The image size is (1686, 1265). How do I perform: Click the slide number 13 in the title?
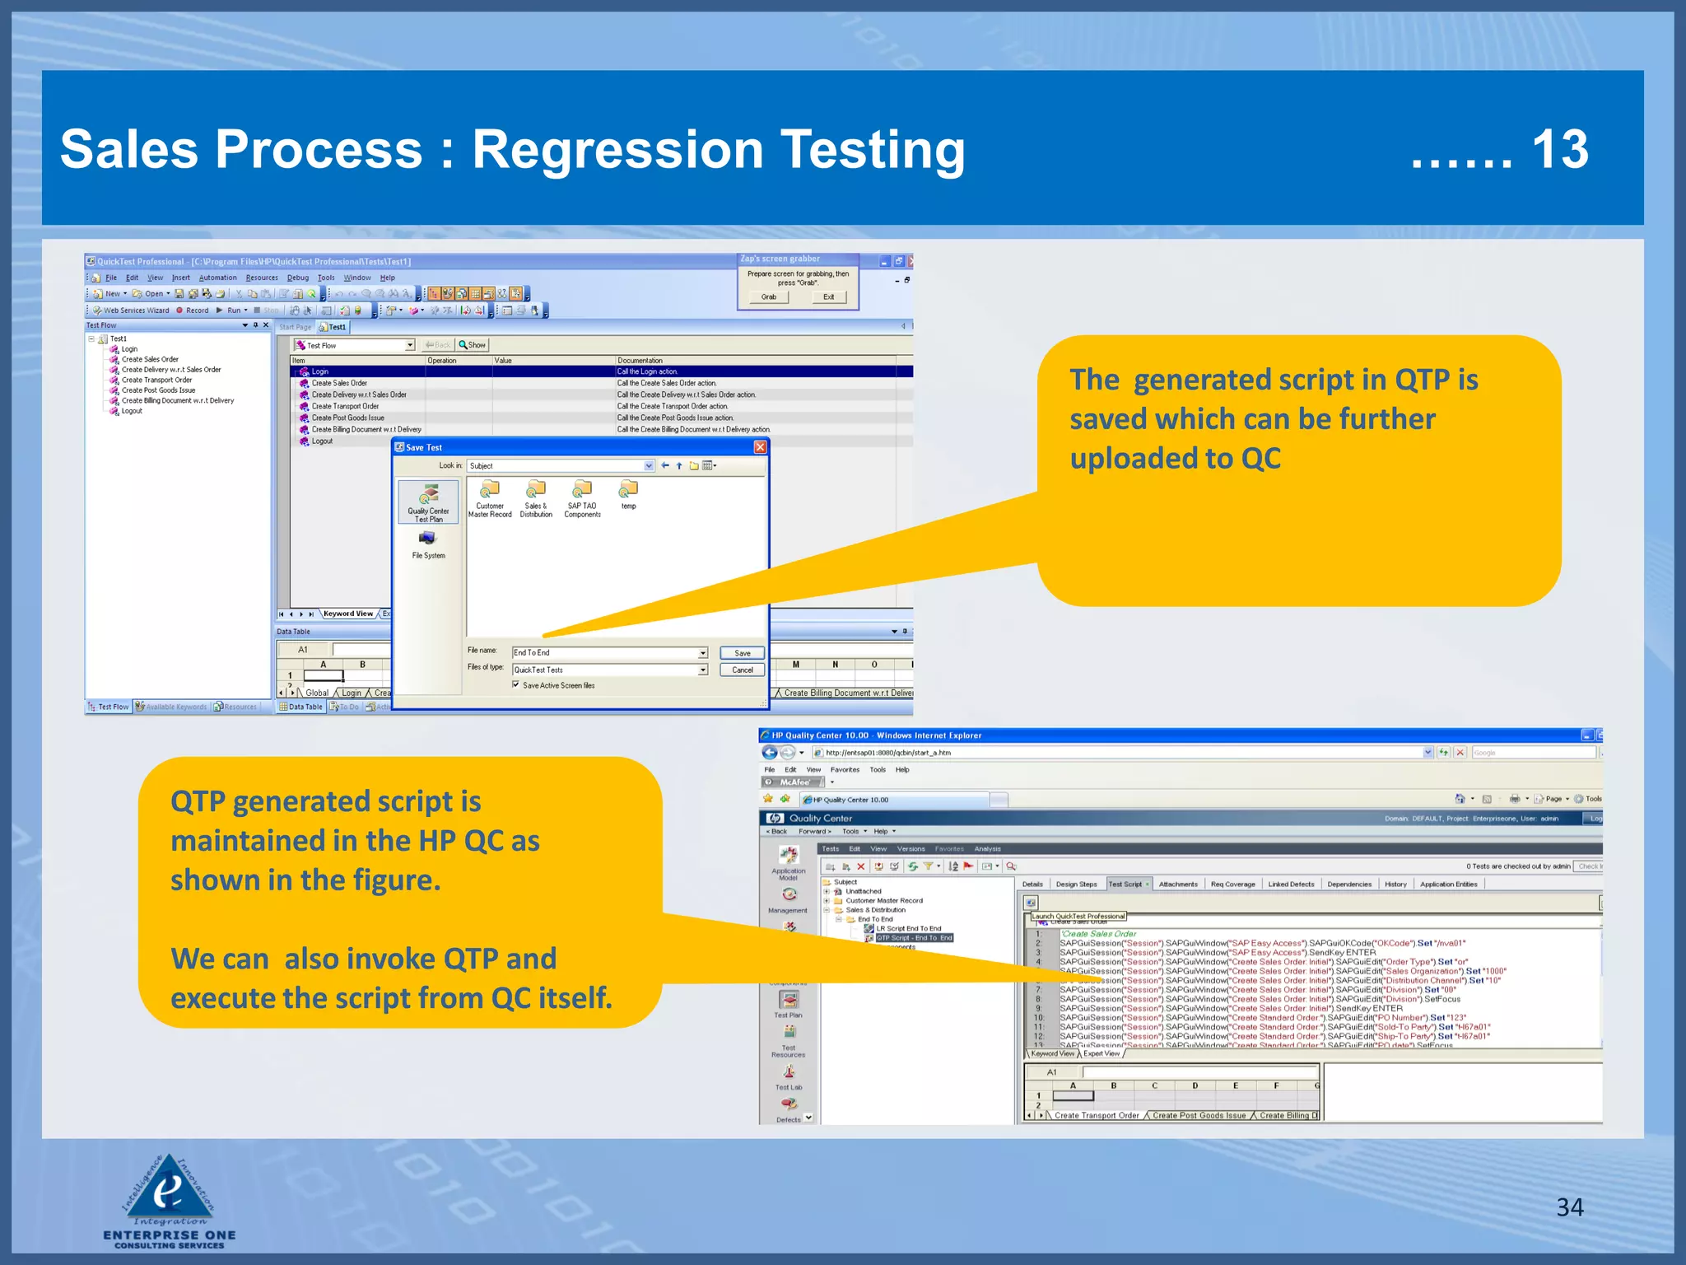coord(1560,150)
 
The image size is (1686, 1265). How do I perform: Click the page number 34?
coord(1569,1207)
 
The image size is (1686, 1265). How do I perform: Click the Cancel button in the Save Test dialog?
coord(742,670)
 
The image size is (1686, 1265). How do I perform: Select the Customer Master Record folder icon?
coord(490,490)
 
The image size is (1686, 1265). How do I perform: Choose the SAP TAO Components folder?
coord(582,490)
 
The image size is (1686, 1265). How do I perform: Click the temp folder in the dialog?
coord(628,491)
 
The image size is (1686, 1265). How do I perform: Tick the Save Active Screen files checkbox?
coord(516,684)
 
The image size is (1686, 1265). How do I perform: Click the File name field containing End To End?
coord(605,652)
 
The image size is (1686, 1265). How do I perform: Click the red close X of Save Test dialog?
coord(760,447)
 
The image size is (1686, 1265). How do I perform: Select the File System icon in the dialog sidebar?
coord(428,539)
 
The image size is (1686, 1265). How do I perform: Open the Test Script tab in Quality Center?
coord(1125,885)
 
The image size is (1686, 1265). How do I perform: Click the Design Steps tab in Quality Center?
coord(1076,885)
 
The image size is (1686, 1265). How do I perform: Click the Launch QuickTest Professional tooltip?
coord(1078,916)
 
